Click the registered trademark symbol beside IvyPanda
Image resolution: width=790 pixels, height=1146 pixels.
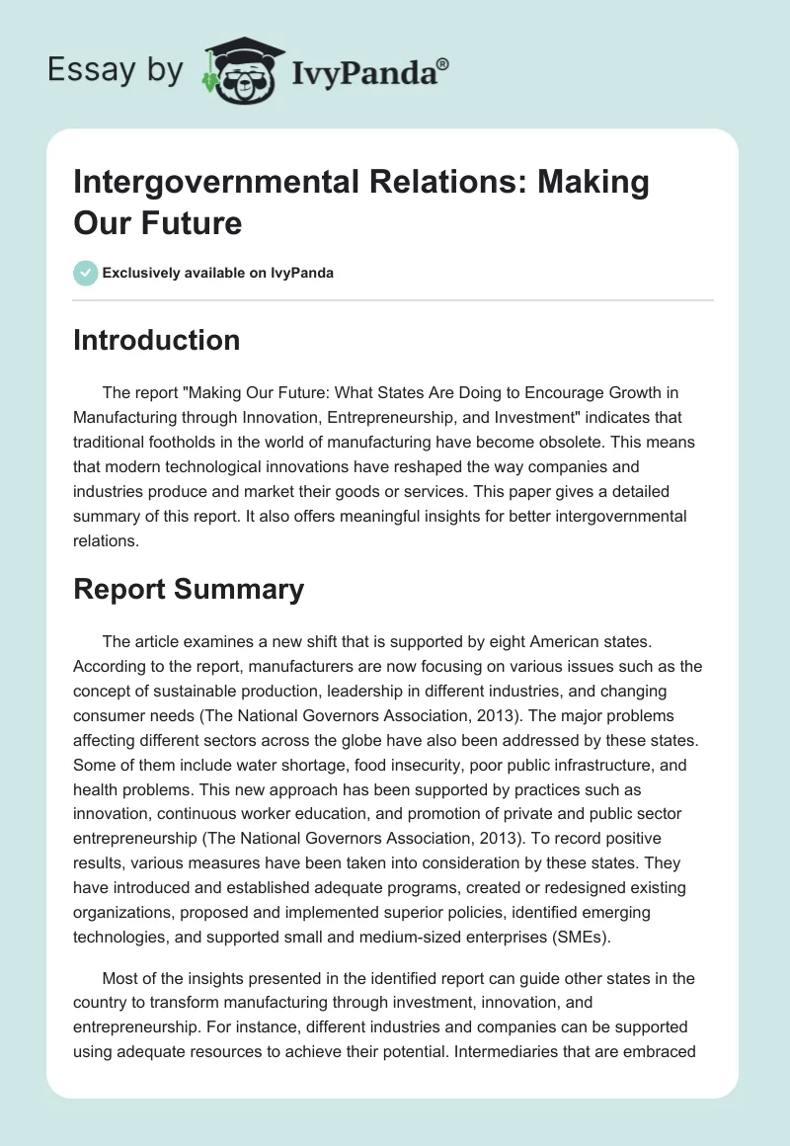click(442, 62)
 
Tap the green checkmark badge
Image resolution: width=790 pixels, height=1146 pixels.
click(86, 273)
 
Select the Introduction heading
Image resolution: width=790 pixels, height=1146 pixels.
click(156, 340)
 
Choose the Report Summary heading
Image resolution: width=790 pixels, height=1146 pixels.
click(188, 589)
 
